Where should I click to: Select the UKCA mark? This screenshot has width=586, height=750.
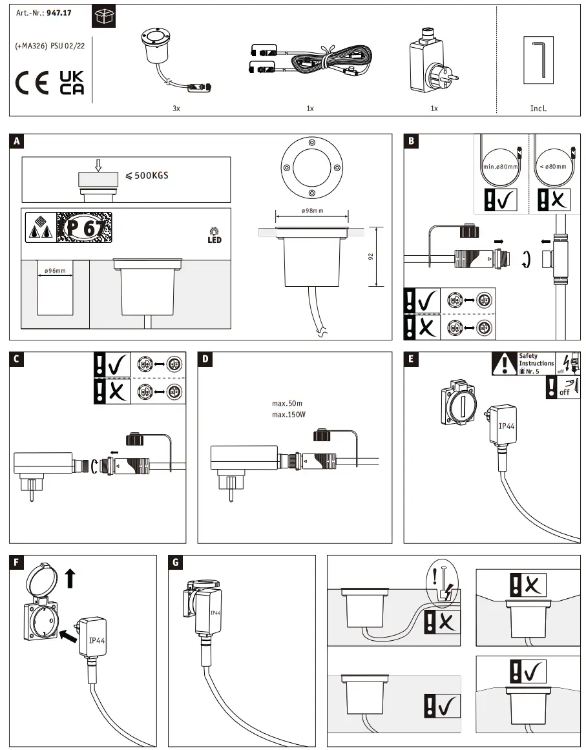72,83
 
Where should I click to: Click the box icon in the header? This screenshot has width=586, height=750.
103,17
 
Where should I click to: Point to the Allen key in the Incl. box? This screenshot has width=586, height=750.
539,61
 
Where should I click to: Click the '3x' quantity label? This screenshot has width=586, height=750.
176,109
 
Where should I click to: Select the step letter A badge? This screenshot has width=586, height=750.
17,141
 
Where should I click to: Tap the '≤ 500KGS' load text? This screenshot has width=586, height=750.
147,174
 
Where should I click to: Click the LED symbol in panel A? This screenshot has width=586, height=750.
215,236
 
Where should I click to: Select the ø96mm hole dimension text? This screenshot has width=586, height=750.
55,271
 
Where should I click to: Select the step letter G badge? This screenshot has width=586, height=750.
174,562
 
